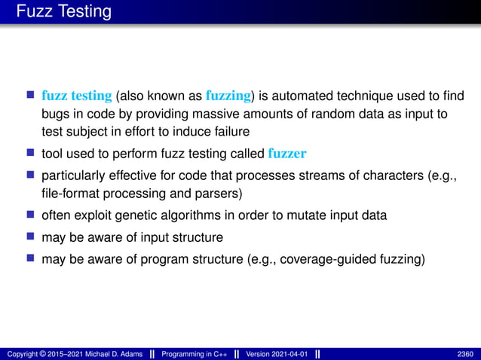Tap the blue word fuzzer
coord(287,154)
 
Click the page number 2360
coord(465,354)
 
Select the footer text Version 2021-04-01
coord(276,354)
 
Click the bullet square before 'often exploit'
coord(31,215)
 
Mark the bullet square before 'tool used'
coord(31,154)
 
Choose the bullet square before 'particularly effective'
coord(31,175)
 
